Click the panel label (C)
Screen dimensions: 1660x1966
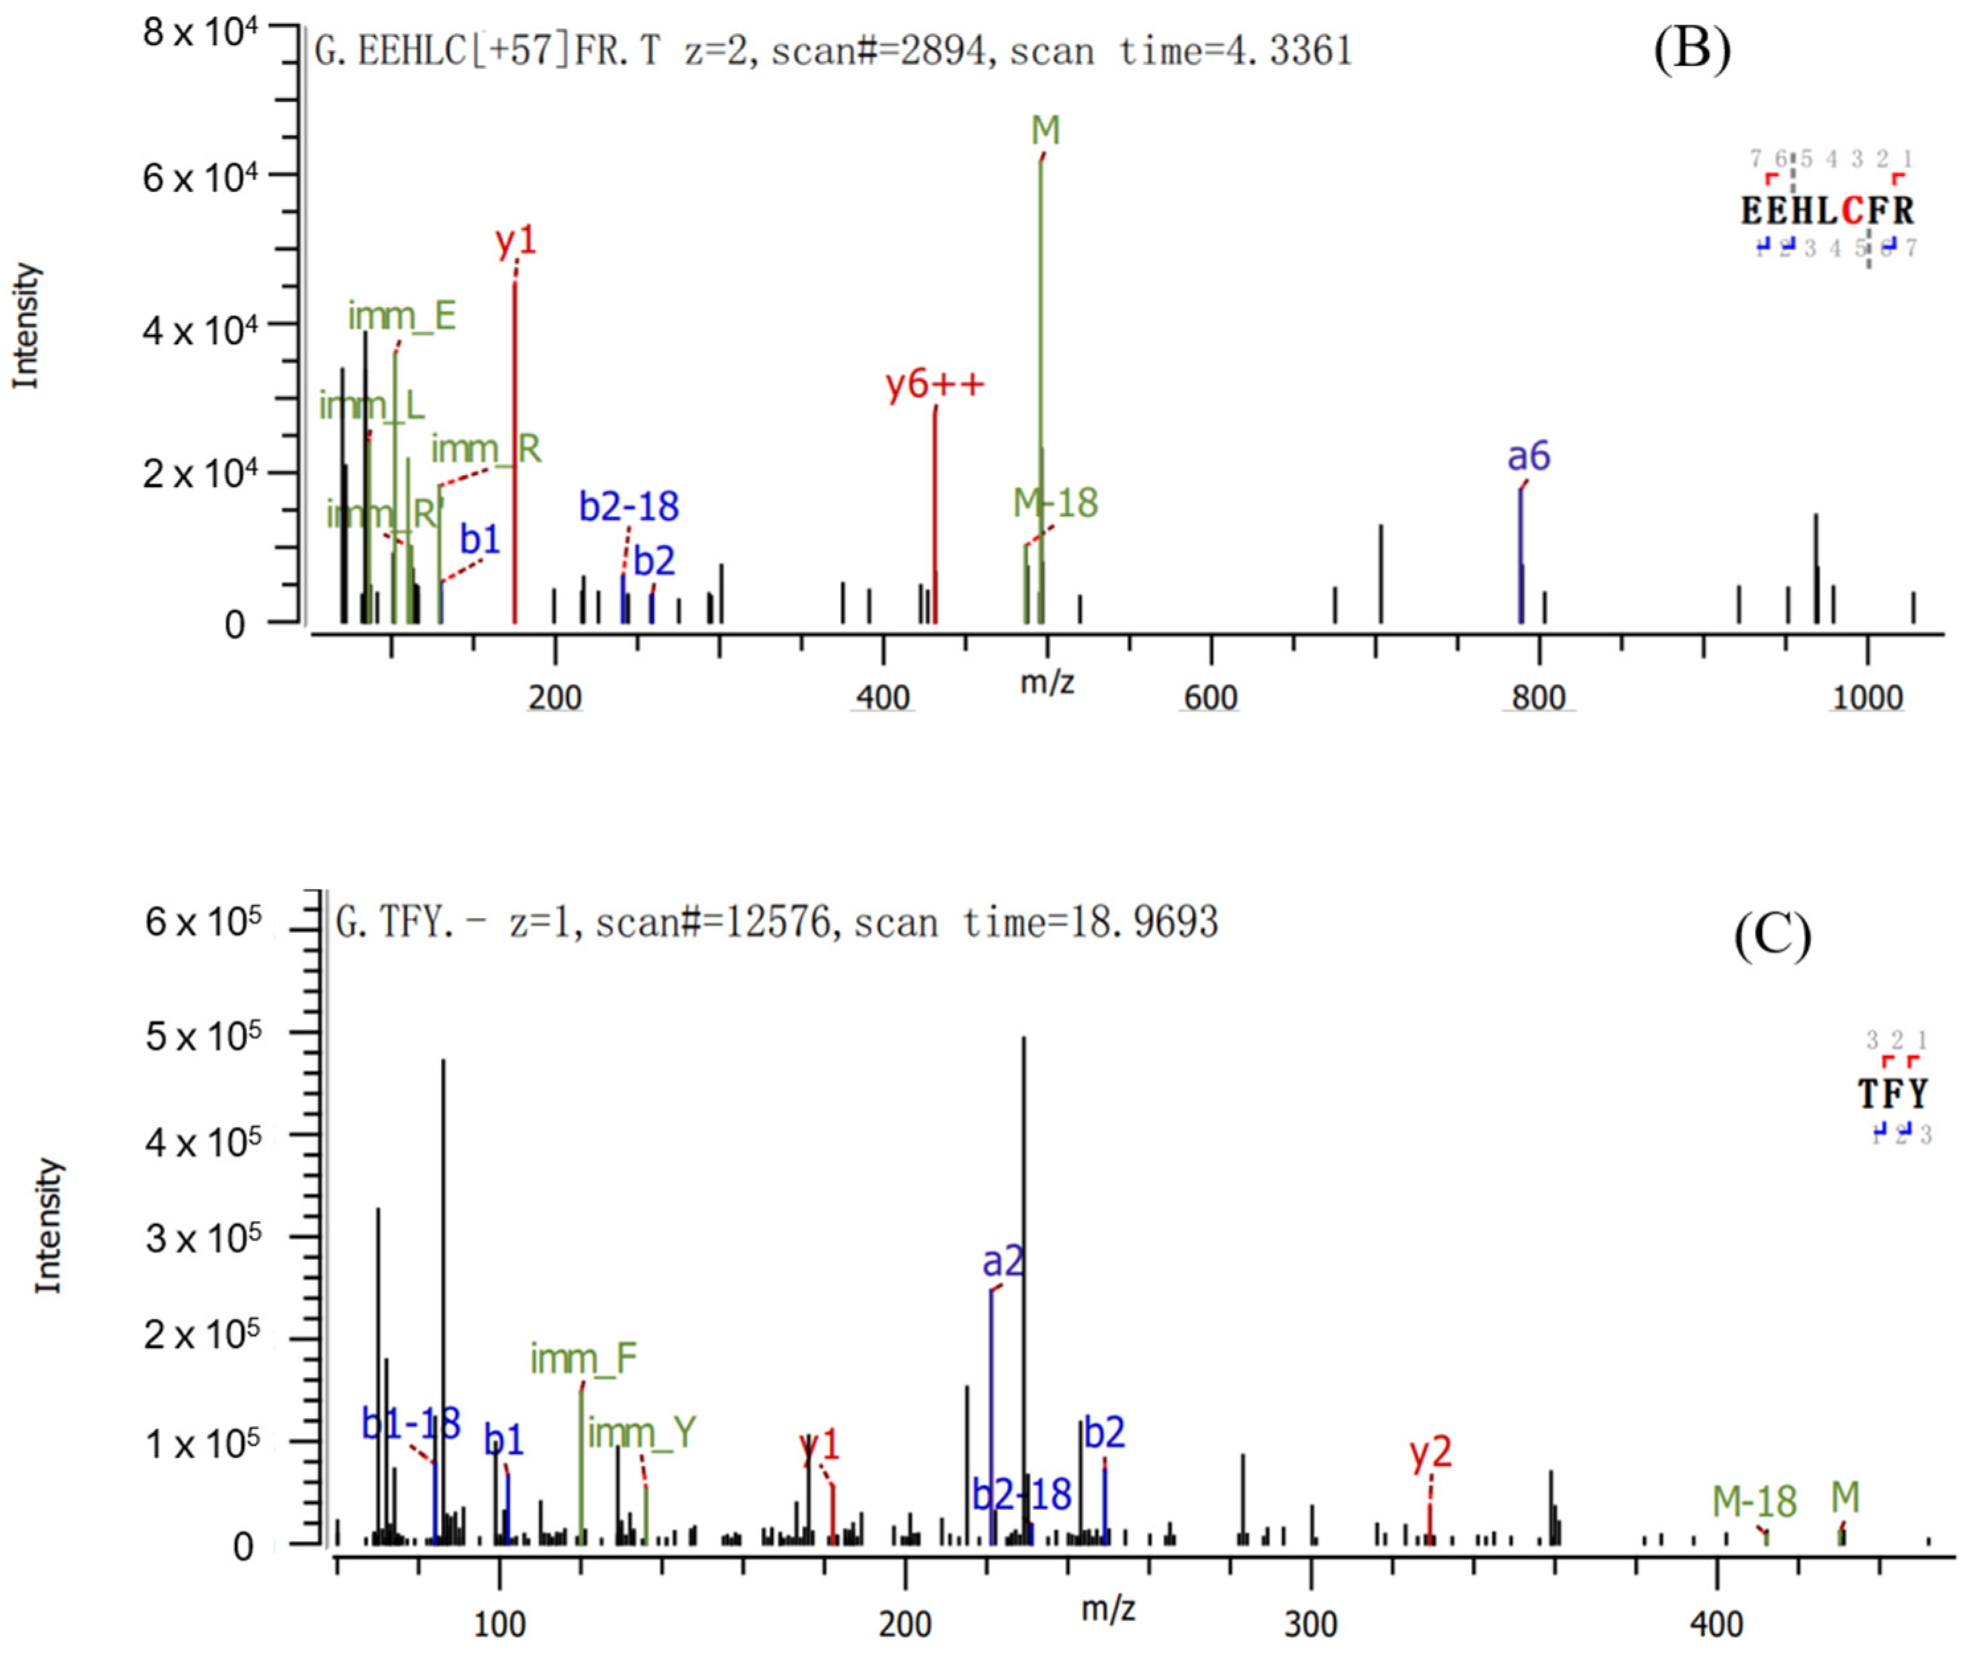coord(1772,936)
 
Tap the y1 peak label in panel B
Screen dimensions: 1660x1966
coord(516,242)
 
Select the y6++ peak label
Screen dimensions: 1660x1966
coord(935,384)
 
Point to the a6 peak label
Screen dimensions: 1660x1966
coord(1528,458)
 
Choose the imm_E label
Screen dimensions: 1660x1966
coord(402,316)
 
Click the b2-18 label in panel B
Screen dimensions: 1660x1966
coord(629,507)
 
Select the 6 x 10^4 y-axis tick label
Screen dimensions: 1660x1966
coord(200,176)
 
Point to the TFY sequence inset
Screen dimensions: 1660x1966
coord(1893,1093)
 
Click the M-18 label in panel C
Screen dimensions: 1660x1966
coord(1753,1502)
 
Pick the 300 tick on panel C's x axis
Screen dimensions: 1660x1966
coord(1310,1624)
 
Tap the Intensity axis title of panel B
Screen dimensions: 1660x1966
coord(26,325)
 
